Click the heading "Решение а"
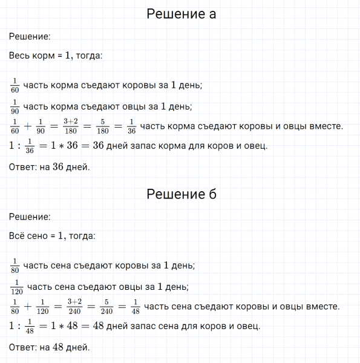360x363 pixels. pyautogui.click(x=181, y=15)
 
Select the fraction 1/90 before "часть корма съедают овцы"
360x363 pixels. pyautogui.click(x=15, y=106)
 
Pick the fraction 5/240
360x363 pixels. pyautogui.click(x=107, y=306)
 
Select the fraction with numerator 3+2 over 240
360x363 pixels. pyautogui.click(x=74, y=306)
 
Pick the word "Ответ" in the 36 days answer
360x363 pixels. pyautogui.click(x=22, y=167)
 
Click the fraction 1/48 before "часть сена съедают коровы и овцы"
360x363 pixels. pyautogui.click(x=135, y=306)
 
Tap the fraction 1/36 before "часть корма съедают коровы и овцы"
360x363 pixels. pyautogui.click(x=132, y=126)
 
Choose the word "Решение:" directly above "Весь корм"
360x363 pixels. pyautogui.click(x=30, y=36)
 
